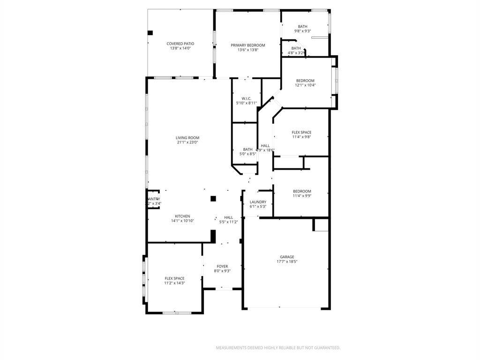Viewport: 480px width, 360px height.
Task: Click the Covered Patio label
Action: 180,44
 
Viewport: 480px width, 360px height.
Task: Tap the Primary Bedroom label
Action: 247,45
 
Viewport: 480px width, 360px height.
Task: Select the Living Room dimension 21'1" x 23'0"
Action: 187,142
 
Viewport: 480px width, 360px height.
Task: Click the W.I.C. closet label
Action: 247,98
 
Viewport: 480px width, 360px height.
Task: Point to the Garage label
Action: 287,257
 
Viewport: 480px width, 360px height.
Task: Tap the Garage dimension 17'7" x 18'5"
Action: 287,262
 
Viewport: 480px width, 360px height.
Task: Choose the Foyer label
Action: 222,266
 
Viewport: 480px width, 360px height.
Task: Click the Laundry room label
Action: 258,202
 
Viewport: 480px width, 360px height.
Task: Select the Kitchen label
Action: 182,216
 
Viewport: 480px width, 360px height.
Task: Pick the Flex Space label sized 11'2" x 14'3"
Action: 174,278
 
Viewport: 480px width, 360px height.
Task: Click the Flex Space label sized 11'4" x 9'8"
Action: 301,133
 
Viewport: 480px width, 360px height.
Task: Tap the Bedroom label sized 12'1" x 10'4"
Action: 305,81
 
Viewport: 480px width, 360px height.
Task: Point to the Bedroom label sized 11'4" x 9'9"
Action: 302,191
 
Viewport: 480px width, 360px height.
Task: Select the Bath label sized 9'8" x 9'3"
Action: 302,26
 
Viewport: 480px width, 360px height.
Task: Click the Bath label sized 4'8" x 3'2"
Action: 296,48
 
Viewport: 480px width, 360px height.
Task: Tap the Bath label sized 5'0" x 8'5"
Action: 247,150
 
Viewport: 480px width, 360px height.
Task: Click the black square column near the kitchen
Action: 213,198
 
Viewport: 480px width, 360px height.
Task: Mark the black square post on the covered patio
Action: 150,33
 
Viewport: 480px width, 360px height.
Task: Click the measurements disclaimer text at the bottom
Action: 277,348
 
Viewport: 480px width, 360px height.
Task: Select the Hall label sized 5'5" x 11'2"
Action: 228,217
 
